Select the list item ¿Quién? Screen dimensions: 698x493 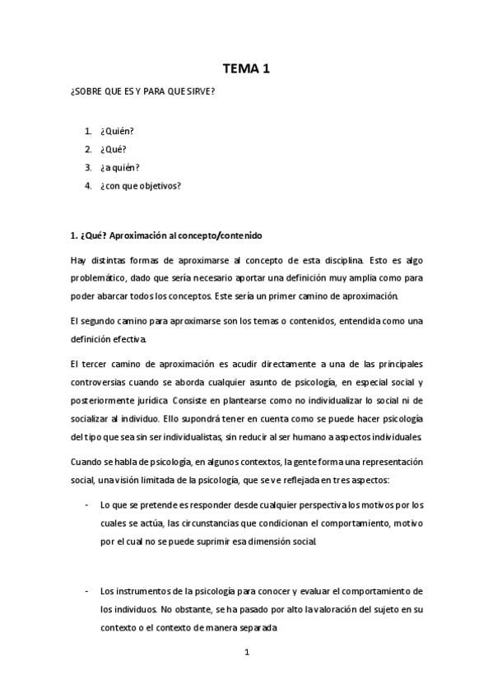tap(117, 132)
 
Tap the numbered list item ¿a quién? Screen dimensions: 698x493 tap(119, 167)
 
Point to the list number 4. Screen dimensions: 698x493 tap(87, 185)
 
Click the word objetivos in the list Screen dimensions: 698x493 tap(162, 185)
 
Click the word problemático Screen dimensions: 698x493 tap(97, 278)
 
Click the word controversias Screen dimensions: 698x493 tap(102, 382)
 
